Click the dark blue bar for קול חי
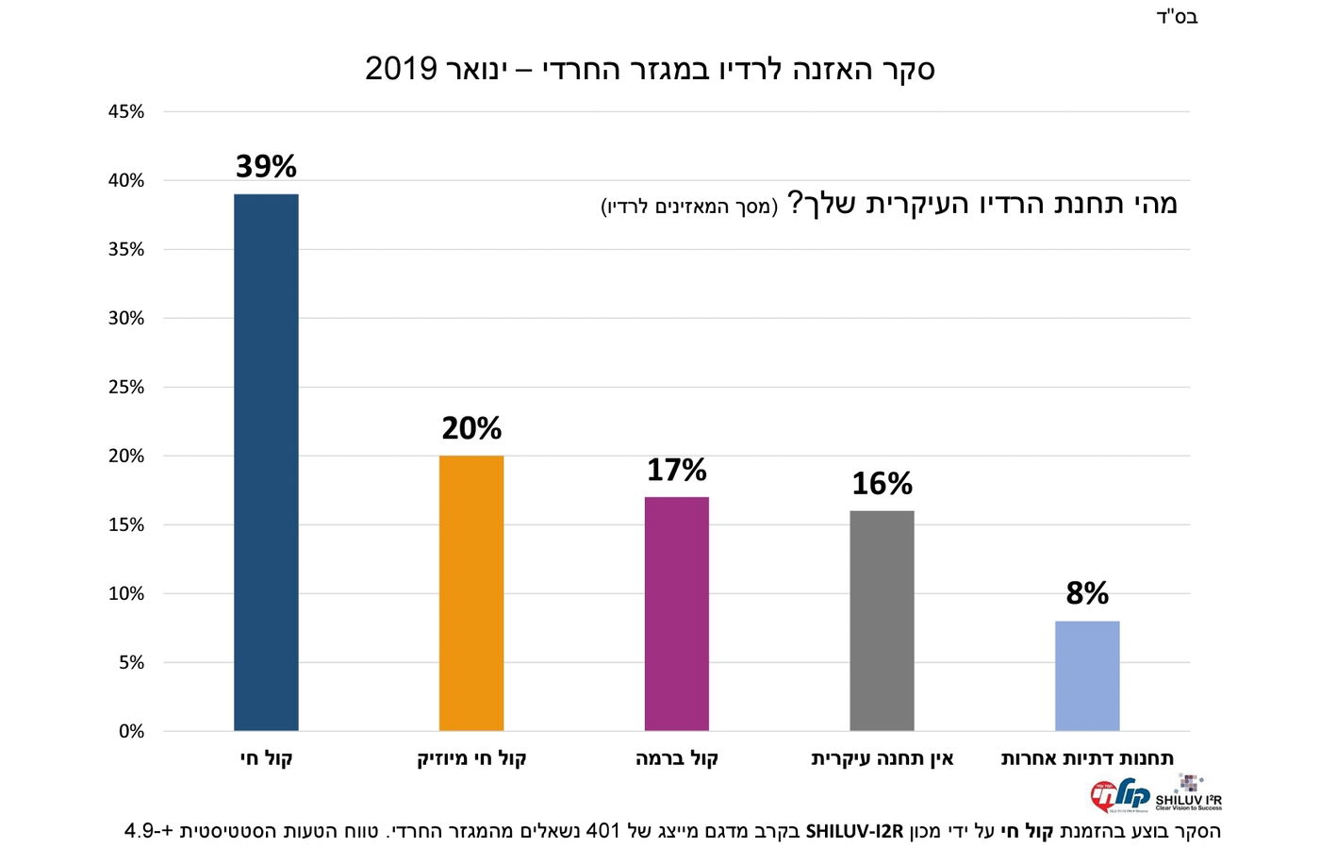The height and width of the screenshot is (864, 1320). tap(266, 462)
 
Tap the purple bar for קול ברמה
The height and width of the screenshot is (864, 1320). tap(676, 613)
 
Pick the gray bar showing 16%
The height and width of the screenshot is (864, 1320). tap(882, 620)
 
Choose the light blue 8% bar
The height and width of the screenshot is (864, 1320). tap(1087, 675)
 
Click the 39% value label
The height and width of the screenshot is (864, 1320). tap(266, 167)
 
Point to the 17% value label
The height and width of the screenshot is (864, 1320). tap(676, 470)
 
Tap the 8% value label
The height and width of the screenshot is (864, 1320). tap(1087, 593)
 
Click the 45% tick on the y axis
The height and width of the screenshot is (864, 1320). tap(126, 111)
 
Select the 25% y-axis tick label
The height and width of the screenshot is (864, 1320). tap(126, 387)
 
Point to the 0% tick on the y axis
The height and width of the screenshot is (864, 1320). tap(131, 731)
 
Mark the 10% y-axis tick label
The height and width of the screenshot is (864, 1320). tap(126, 593)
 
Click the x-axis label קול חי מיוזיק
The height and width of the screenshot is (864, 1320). tap(471, 758)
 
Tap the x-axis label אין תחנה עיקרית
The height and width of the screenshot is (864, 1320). tap(882, 758)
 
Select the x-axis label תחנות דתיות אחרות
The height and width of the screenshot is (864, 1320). tap(1087, 758)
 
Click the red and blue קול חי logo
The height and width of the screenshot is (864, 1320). tap(1119, 795)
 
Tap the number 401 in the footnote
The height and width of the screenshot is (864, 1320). tap(603, 831)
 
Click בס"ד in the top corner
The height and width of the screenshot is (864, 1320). tap(1177, 17)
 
